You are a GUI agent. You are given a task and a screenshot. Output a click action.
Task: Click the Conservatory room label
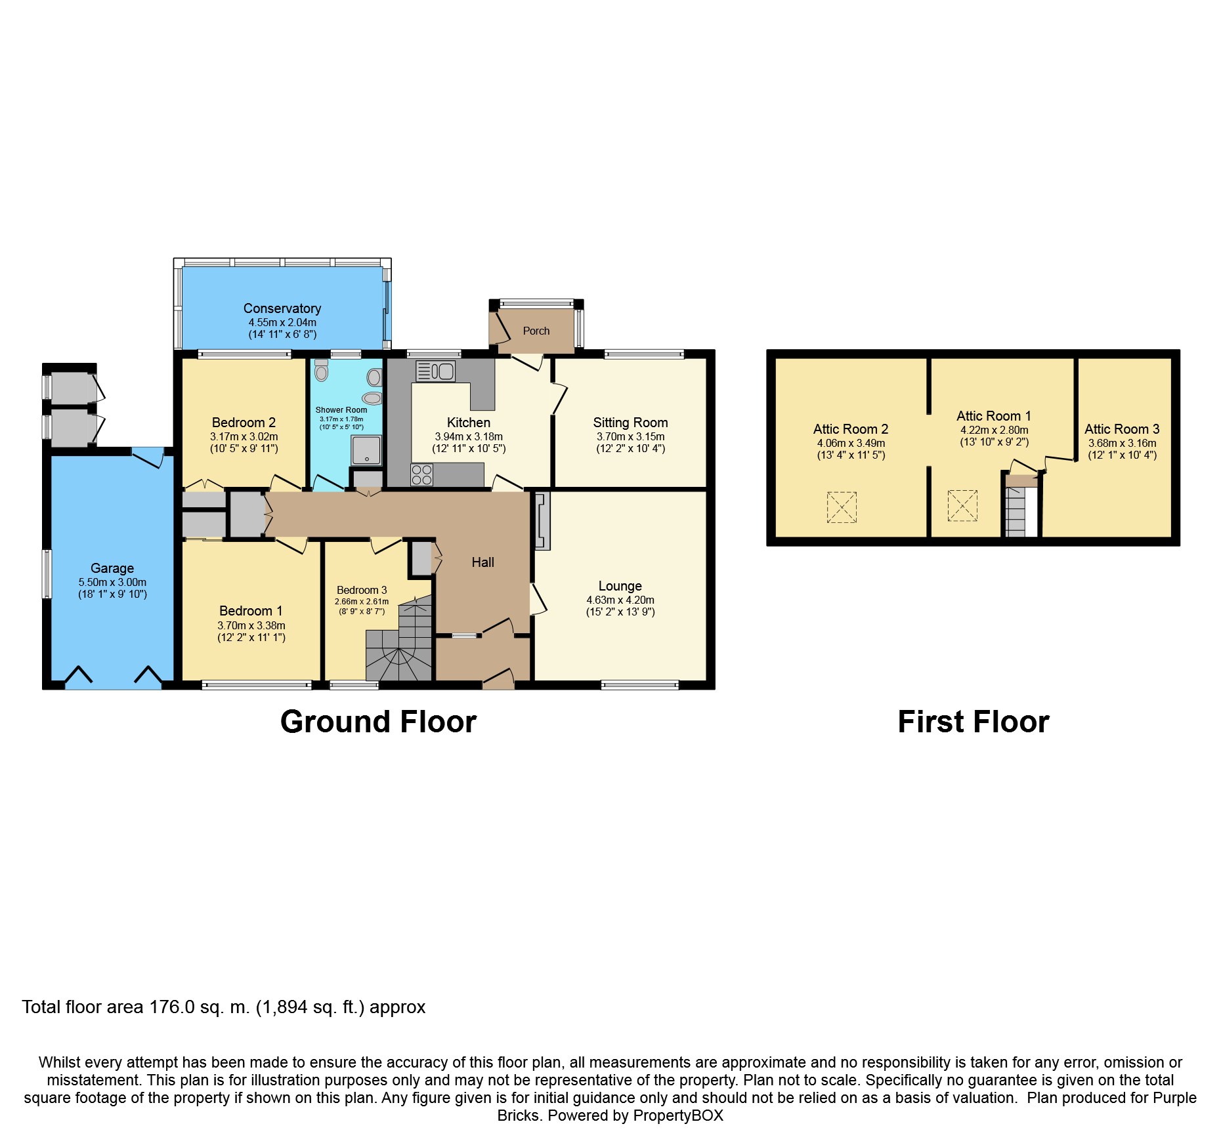282,308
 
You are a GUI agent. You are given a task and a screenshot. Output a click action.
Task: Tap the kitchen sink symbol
435,371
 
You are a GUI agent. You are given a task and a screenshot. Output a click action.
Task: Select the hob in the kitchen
421,475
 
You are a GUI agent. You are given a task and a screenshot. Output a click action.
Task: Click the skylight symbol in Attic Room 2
842,507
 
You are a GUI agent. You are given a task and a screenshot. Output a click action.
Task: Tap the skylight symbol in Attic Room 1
962,506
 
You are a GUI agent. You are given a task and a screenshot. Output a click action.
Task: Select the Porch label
536,331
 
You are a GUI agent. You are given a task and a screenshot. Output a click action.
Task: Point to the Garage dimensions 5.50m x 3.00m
112,582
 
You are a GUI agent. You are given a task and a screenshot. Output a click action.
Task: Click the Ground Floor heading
378,722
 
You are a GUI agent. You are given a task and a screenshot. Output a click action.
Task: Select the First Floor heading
973,722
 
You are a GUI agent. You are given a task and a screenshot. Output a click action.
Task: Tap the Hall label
482,562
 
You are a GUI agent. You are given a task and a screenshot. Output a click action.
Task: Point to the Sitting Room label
630,423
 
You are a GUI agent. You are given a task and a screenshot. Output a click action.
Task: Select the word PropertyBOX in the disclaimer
678,1115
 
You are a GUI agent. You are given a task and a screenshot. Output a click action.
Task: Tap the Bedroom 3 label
362,590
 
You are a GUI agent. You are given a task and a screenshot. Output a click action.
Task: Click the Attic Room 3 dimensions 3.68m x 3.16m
1122,443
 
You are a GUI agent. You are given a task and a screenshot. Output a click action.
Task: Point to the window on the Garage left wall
47,574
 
